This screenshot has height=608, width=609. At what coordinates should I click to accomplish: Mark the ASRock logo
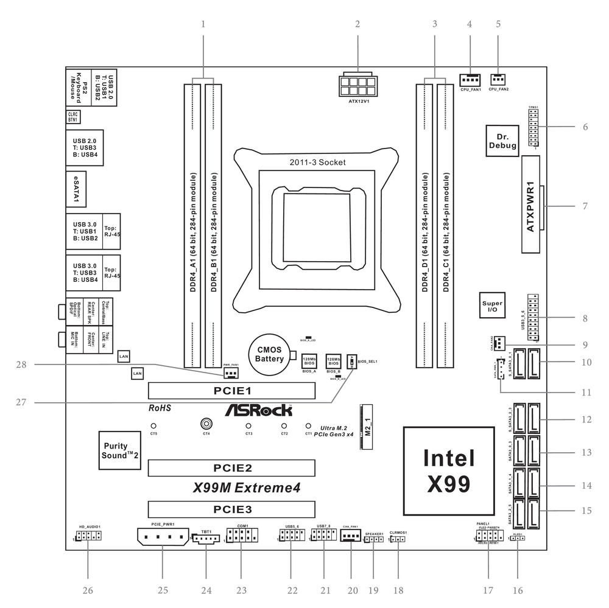coord(258,411)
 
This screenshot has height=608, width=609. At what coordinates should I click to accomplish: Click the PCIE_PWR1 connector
coord(163,537)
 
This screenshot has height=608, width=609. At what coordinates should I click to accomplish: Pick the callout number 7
coord(585,206)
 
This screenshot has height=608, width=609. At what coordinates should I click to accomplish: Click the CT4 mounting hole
coord(206,424)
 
